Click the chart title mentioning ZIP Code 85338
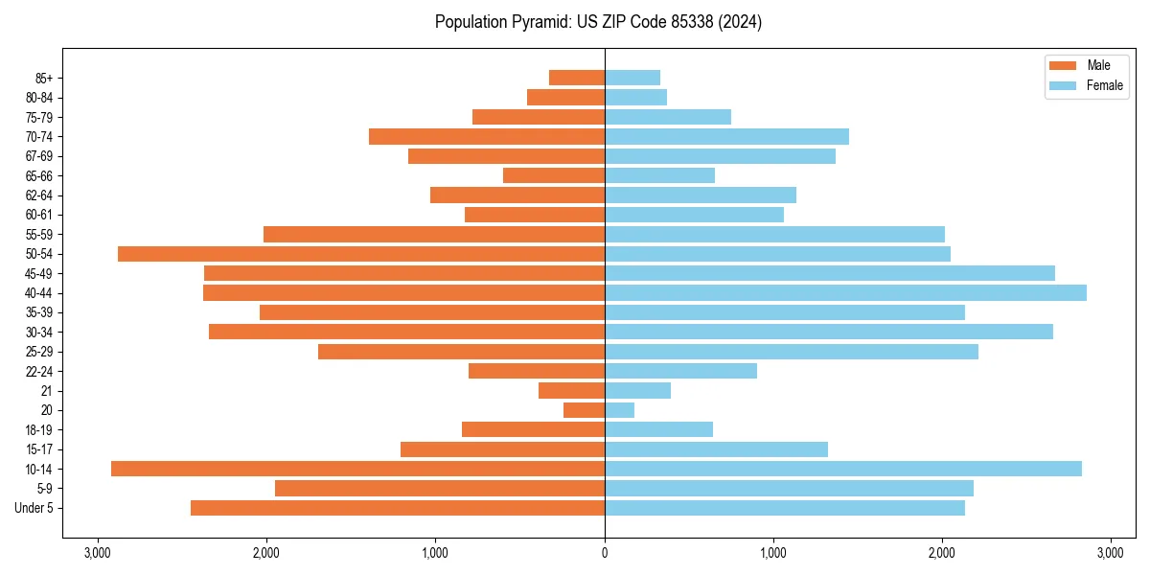click(598, 22)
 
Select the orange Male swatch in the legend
click(1064, 65)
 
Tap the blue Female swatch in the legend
click(1064, 85)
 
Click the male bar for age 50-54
click(361, 254)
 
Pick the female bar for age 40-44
click(845, 292)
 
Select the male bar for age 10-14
click(357, 469)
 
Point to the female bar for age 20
click(619, 410)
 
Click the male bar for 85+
click(577, 78)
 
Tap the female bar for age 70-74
click(726, 136)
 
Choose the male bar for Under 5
click(398, 508)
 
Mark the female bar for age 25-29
click(792, 352)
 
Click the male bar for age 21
click(571, 390)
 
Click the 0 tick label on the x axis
click(605, 553)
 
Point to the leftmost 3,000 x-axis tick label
click(97, 553)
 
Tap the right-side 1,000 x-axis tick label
click(773, 553)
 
